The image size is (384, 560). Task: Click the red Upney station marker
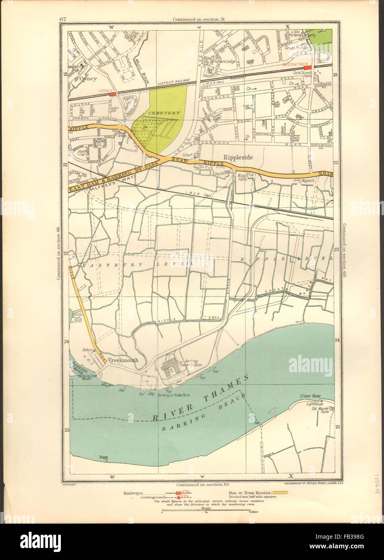[x=112, y=94]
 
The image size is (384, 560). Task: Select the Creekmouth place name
[x=123, y=361]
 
